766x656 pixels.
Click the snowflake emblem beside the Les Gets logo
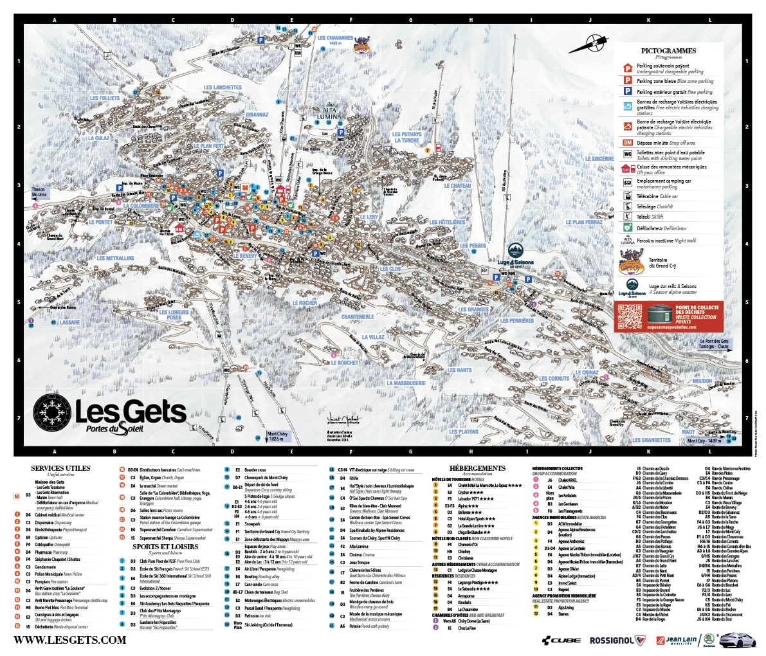click(51, 409)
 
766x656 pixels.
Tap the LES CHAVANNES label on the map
click(335, 38)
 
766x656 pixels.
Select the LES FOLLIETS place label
click(105, 98)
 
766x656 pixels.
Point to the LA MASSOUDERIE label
click(406, 383)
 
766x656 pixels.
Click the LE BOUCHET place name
click(345, 363)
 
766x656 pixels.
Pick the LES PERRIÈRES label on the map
click(517, 320)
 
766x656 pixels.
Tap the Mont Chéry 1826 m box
click(277, 436)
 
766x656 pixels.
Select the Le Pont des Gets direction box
click(714, 343)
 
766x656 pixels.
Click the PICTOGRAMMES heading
click(668, 51)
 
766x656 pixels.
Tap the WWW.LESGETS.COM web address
click(69, 640)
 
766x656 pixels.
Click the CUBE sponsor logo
click(561, 640)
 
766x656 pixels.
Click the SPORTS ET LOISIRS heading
click(165, 547)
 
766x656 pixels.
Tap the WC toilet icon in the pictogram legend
click(627, 154)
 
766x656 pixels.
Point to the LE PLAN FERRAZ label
click(584, 223)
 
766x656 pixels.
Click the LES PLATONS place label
click(463, 432)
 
